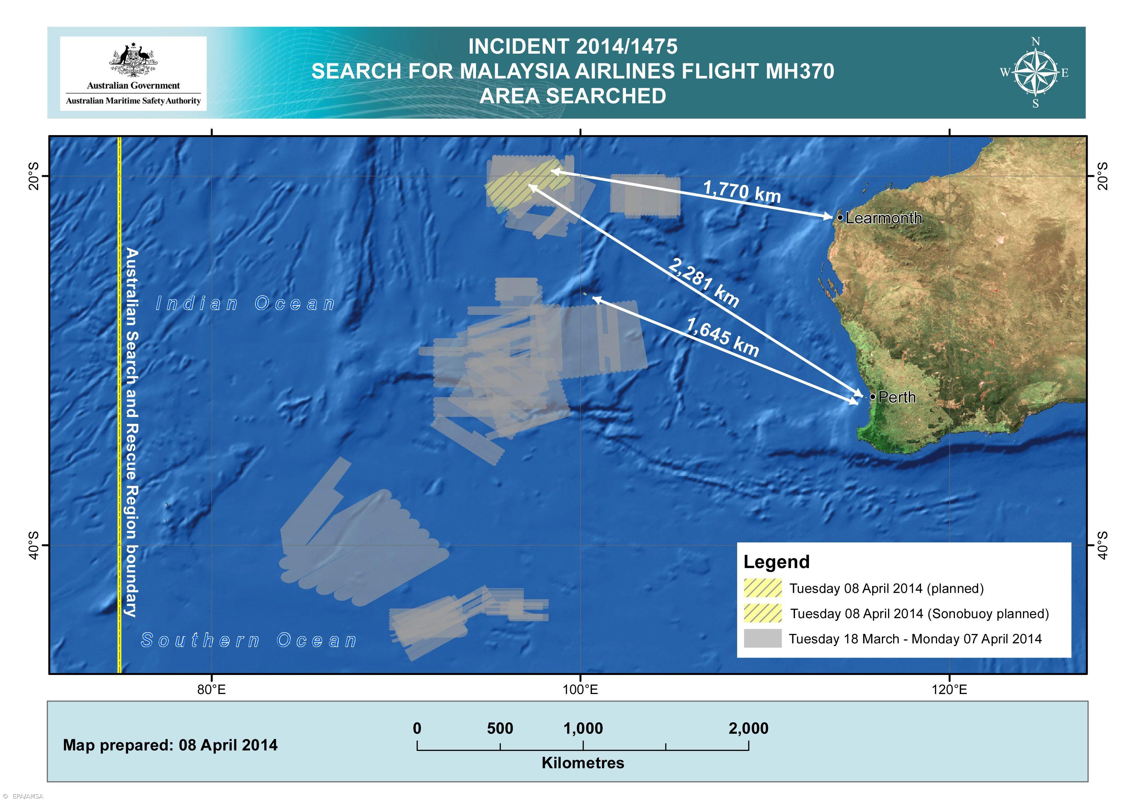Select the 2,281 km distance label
tap(704, 283)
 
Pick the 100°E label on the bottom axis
tap(580, 689)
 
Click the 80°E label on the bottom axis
tap(211, 689)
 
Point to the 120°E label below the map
tap(949, 689)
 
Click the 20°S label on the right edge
tap(1102, 176)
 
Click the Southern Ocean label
tap(249, 640)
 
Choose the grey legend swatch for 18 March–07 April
tap(762, 638)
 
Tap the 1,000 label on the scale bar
tap(583, 728)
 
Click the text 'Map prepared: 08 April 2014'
tap(170, 745)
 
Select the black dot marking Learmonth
tap(840, 217)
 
